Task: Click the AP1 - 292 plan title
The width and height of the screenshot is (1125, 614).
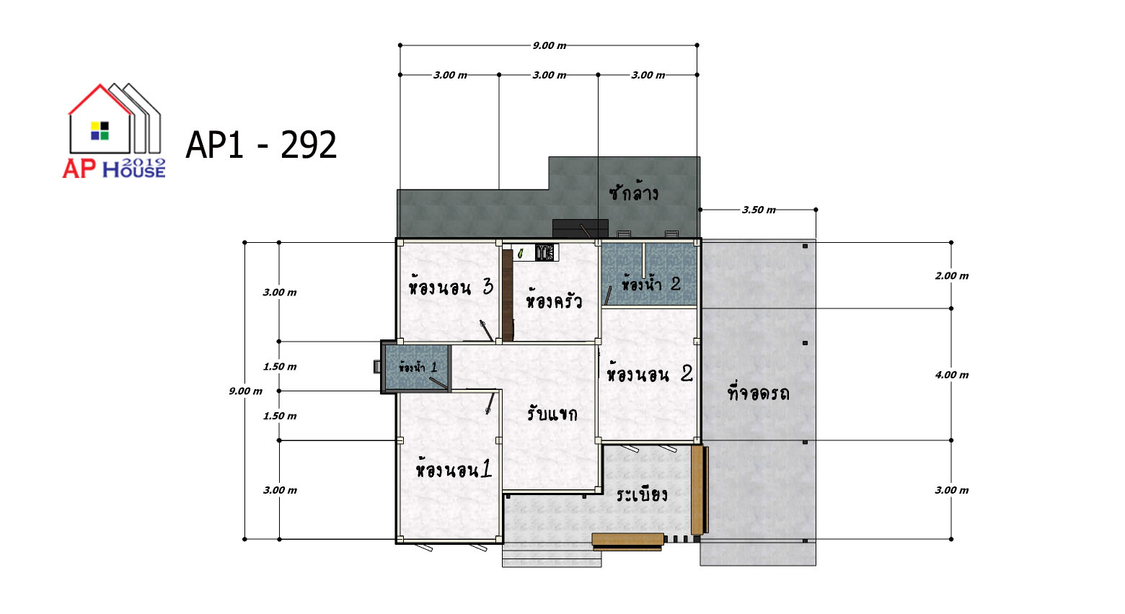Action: point(261,145)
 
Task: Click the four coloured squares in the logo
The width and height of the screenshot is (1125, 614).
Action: point(100,130)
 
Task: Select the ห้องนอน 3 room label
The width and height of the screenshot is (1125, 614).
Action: point(451,287)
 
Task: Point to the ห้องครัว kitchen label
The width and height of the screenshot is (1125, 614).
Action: point(554,301)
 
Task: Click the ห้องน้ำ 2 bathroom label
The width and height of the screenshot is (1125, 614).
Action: point(651,284)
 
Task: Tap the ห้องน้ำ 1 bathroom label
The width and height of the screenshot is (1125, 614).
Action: point(418,367)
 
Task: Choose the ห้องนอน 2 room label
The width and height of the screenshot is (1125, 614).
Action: point(650,373)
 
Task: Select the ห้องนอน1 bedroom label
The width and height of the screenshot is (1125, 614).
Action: point(454,469)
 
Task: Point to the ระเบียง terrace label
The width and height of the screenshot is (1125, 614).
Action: point(642,494)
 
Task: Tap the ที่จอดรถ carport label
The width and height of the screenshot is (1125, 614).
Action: point(759,393)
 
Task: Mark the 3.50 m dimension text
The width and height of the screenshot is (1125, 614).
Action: point(759,210)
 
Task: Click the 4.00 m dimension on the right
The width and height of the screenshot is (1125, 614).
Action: point(952,375)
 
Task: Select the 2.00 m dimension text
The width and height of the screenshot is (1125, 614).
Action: point(952,275)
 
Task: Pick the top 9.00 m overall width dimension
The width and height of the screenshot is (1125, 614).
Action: point(550,45)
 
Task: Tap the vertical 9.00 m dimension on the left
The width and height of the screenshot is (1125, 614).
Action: point(246,391)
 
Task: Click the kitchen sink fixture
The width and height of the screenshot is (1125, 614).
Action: point(544,252)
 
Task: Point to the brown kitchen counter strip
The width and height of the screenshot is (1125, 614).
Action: point(507,295)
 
